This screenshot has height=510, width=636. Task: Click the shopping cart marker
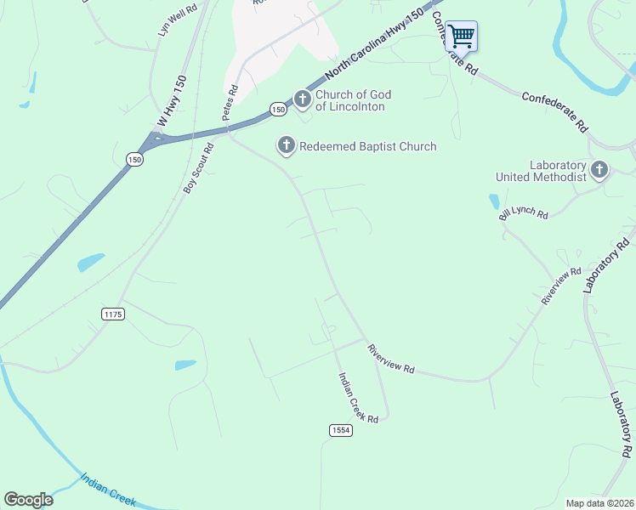coord(461,37)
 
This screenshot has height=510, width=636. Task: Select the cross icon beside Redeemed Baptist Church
coord(287,146)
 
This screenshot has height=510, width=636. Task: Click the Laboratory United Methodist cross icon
coord(599,170)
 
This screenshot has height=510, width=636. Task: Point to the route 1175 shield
coord(113,314)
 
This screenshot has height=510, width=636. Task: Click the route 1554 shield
coord(340,431)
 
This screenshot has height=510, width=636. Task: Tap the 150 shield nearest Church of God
coord(278,109)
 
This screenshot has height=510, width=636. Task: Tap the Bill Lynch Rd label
coord(524,212)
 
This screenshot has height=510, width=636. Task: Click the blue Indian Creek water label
coord(108,490)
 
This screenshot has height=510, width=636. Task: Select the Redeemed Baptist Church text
coord(367,146)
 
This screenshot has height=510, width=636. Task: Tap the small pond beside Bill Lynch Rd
coord(494,202)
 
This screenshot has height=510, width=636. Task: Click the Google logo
coord(29,500)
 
